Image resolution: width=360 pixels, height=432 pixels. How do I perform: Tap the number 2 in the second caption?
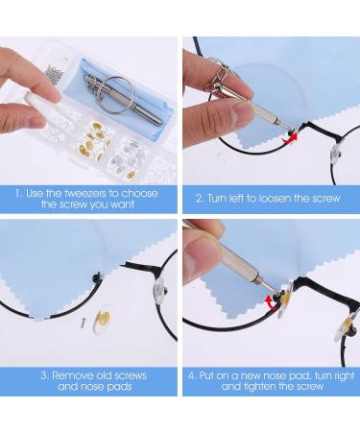point(200,199)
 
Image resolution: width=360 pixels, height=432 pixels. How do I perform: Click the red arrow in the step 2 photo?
point(290,138)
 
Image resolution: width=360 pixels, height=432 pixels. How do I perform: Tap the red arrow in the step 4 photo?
point(272,303)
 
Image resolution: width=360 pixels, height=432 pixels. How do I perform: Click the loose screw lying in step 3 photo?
point(84,322)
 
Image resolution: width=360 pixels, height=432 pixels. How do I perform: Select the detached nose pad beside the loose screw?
point(102,320)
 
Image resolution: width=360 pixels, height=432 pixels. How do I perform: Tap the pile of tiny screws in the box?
point(56,75)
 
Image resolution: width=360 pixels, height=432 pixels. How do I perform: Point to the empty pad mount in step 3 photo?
point(97,277)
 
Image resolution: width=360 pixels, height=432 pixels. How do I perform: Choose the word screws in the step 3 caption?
point(131,375)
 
